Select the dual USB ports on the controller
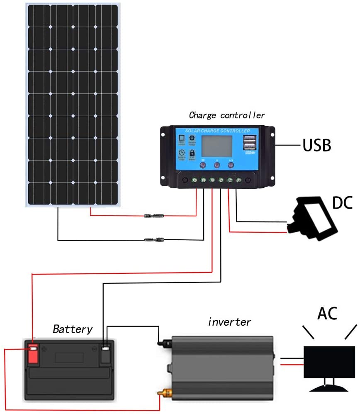(249, 143)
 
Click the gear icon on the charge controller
(192, 139)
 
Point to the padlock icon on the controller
(192, 153)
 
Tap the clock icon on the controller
(182, 153)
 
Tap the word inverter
(229, 321)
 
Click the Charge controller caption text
(226, 115)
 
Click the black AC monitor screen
(326, 362)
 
